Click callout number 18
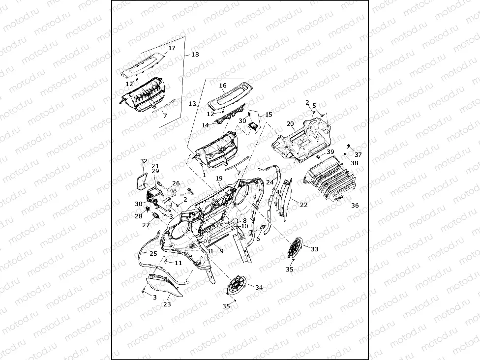pyautogui.click(x=195, y=55)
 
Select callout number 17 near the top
pyautogui.click(x=172, y=48)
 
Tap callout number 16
pyautogui.click(x=223, y=86)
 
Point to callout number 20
pyautogui.click(x=290, y=123)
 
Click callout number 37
pyautogui.click(x=358, y=154)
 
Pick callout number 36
pyautogui.click(x=355, y=206)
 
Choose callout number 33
pyautogui.click(x=314, y=249)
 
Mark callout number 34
pyautogui.click(x=259, y=287)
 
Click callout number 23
pyautogui.click(x=167, y=304)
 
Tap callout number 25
pyautogui.click(x=153, y=254)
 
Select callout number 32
pyautogui.click(x=144, y=161)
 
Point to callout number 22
pyautogui.click(x=303, y=205)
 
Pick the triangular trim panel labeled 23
pyautogui.click(x=160, y=288)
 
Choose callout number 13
pyautogui.click(x=192, y=104)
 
